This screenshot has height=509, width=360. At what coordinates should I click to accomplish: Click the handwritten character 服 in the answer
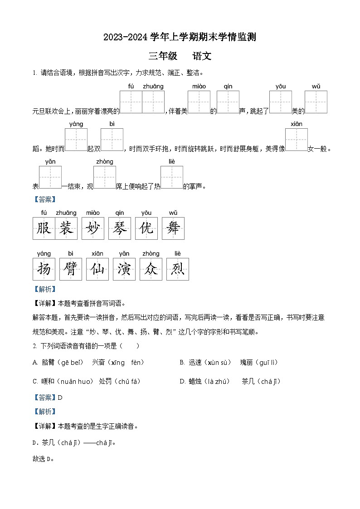click(x=44, y=228)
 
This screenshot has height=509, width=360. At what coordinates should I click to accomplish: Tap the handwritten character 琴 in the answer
click(x=120, y=228)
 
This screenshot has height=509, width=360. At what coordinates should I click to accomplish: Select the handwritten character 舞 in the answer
click(x=173, y=228)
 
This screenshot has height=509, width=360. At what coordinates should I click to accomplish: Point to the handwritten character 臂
click(x=71, y=269)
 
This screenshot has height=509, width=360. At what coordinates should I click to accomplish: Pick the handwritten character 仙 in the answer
click(x=97, y=269)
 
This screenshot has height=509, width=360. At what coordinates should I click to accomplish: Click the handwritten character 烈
click(x=178, y=269)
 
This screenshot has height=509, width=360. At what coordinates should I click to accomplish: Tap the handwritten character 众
click(x=151, y=269)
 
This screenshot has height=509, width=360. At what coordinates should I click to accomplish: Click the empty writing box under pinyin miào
click(x=199, y=102)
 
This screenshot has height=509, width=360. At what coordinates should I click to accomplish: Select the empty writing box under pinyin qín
click(x=228, y=102)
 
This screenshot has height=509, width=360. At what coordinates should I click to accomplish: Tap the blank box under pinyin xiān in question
click(x=297, y=140)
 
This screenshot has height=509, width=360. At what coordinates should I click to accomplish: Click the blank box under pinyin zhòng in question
click(x=105, y=177)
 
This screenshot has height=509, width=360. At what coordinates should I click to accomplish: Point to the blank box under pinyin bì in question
click(x=112, y=140)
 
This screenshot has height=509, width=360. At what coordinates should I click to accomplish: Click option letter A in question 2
click(x=35, y=363)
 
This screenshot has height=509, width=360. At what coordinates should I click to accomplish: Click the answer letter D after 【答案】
click(x=60, y=398)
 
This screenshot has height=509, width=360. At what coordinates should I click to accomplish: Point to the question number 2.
click(x=34, y=346)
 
